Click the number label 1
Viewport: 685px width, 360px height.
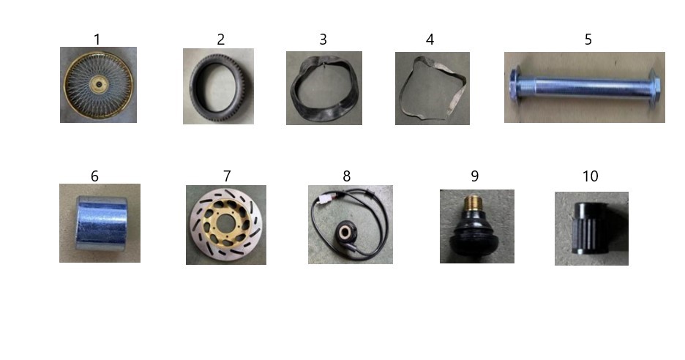pyautogui.click(x=97, y=40)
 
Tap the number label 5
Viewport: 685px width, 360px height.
pyautogui.click(x=588, y=40)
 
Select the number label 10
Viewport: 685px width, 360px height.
pyautogui.click(x=590, y=176)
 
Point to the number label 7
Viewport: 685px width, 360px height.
pyautogui.click(x=227, y=176)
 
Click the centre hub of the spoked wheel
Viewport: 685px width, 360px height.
pyautogui.click(x=99, y=84)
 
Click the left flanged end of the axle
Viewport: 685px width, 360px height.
pyautogui.click(x=515, y=86)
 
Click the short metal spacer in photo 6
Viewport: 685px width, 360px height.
pyautogui.click(x=101, y=223)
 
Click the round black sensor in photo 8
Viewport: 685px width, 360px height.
pyautogui.click(x=345, y=231)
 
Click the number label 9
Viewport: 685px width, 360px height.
pyautogui.click(x=474, y=176)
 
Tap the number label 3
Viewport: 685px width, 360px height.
pyautogui.click(x=323, y=40)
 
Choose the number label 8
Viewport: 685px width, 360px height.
pyautogui.click(x=346, y=176)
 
